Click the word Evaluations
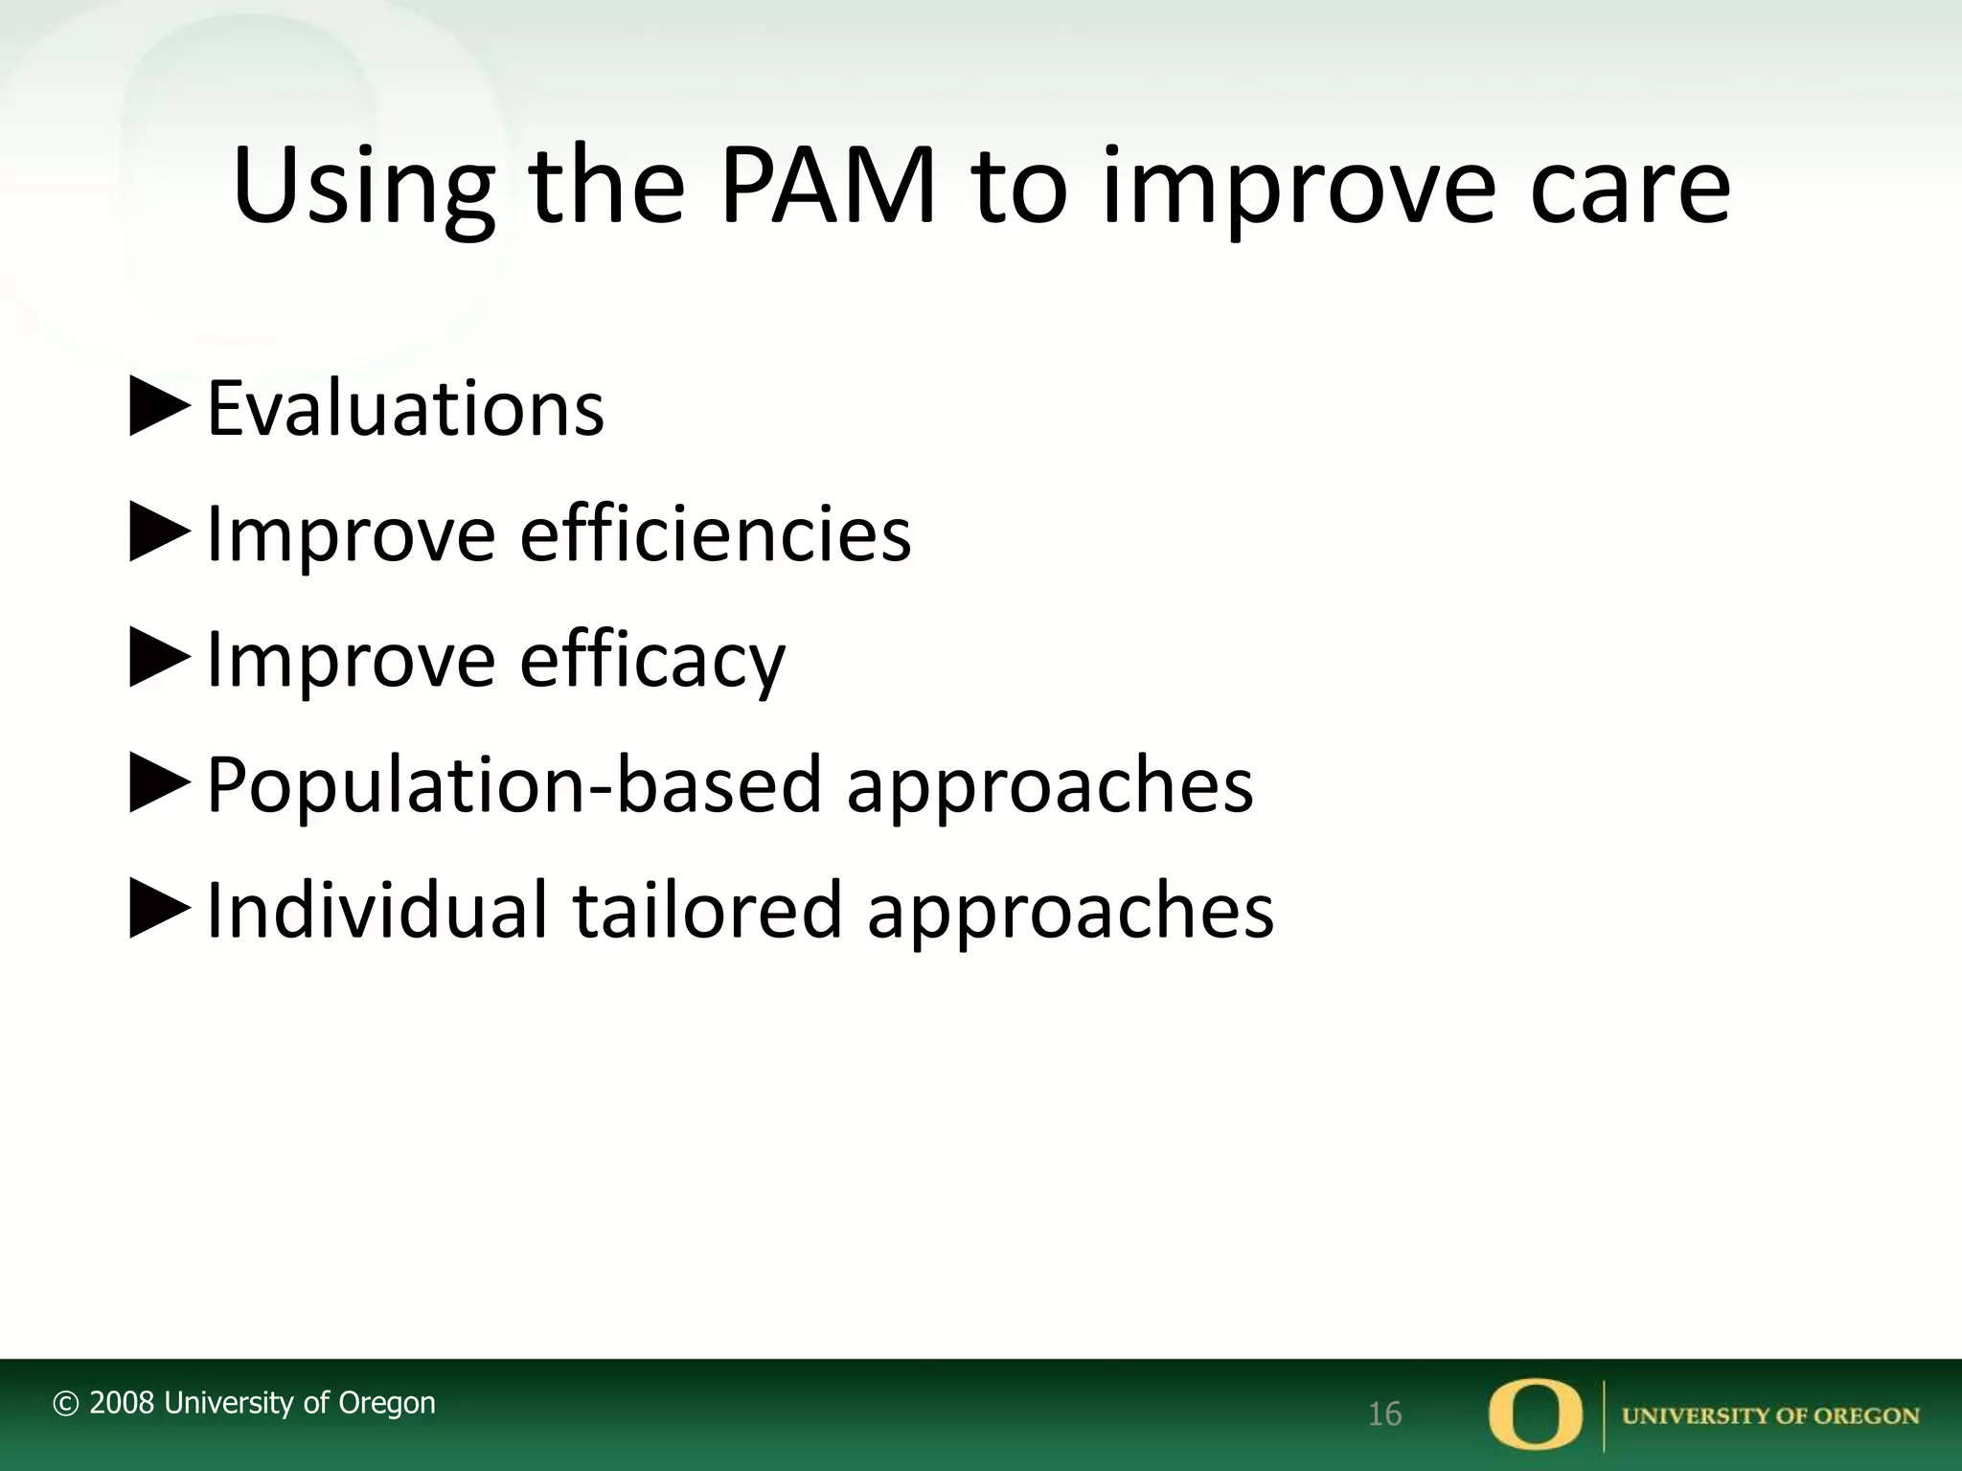click(x=405, y=409)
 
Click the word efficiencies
click(x=715, y=534)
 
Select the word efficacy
click(x=652, y=660)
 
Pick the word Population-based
click(x=514, y=785)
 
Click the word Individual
click(x=377, y=911)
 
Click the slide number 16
click(x=1384, y=1414)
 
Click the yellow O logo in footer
click(x=1536, y=1414)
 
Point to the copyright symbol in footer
click(x=65, y=1404)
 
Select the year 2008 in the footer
click(x=122, y=1403)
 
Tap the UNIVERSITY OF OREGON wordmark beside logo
click(x=1770, y=1415)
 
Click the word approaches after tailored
click(x=1070, y=911)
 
